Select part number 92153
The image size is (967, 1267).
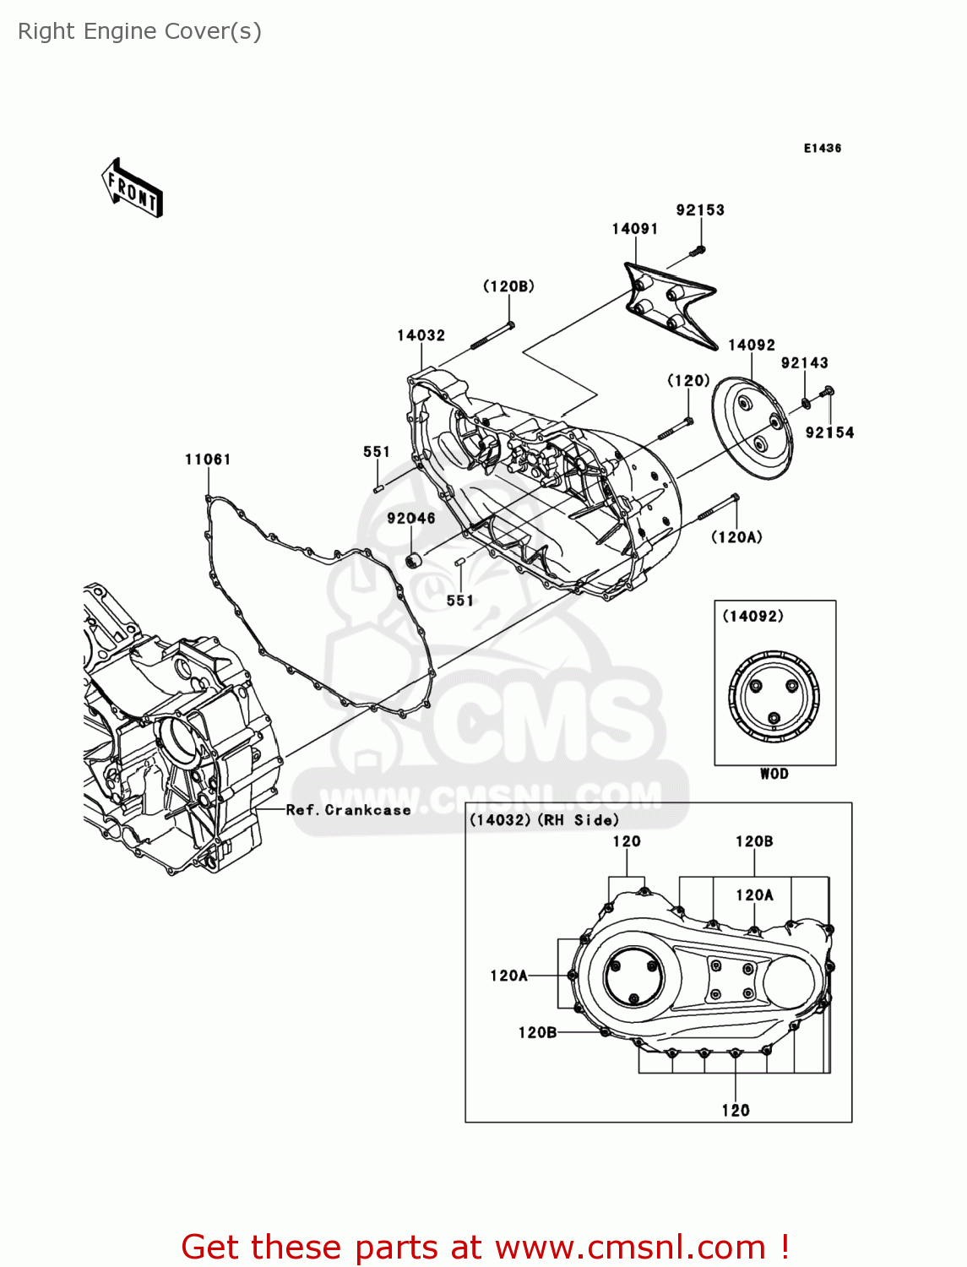700,210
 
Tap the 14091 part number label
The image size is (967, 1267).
635,229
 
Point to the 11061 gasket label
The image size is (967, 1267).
208,459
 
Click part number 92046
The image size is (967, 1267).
411,519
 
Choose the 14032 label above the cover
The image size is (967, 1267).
421,335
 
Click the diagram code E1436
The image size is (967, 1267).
822,148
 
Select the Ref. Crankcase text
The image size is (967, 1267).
348,810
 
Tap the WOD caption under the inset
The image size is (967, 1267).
774,774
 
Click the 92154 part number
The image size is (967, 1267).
829,432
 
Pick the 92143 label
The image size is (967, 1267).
804,363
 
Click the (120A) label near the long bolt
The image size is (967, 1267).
736,537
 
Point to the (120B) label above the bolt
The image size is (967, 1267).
508,286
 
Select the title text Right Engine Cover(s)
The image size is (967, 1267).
140,31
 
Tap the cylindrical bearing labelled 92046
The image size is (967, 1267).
414,560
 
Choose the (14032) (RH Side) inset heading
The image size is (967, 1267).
544,820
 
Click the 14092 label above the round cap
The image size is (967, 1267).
752,345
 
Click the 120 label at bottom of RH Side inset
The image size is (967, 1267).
736,1111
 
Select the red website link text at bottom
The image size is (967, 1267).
486,1247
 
